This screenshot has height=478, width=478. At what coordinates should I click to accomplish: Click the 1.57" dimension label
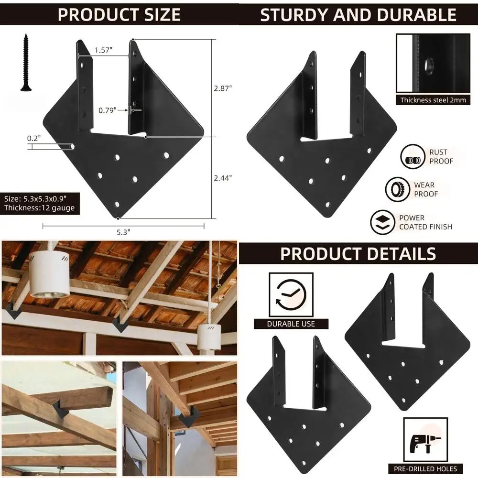tap(103, 50)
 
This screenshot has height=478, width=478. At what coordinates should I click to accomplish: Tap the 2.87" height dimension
tap(222, 88)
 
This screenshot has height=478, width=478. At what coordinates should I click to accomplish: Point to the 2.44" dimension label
tap(222, 177)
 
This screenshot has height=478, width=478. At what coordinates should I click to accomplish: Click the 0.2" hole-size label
tap(34, 138)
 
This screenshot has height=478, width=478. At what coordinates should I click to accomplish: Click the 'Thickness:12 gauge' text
tap(39, 208)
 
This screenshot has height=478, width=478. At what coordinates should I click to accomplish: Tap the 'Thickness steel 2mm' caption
tap(433, 100)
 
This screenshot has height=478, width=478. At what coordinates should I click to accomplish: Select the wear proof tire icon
tap(398, 189)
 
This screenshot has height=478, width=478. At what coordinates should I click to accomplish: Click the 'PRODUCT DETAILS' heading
tap(358, 253)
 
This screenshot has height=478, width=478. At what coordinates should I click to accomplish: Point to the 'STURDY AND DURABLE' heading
tap(358, 15)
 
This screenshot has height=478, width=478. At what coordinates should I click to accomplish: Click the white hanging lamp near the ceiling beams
tap(49, 275)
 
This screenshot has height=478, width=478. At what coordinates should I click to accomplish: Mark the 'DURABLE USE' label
tap(291, 324)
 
